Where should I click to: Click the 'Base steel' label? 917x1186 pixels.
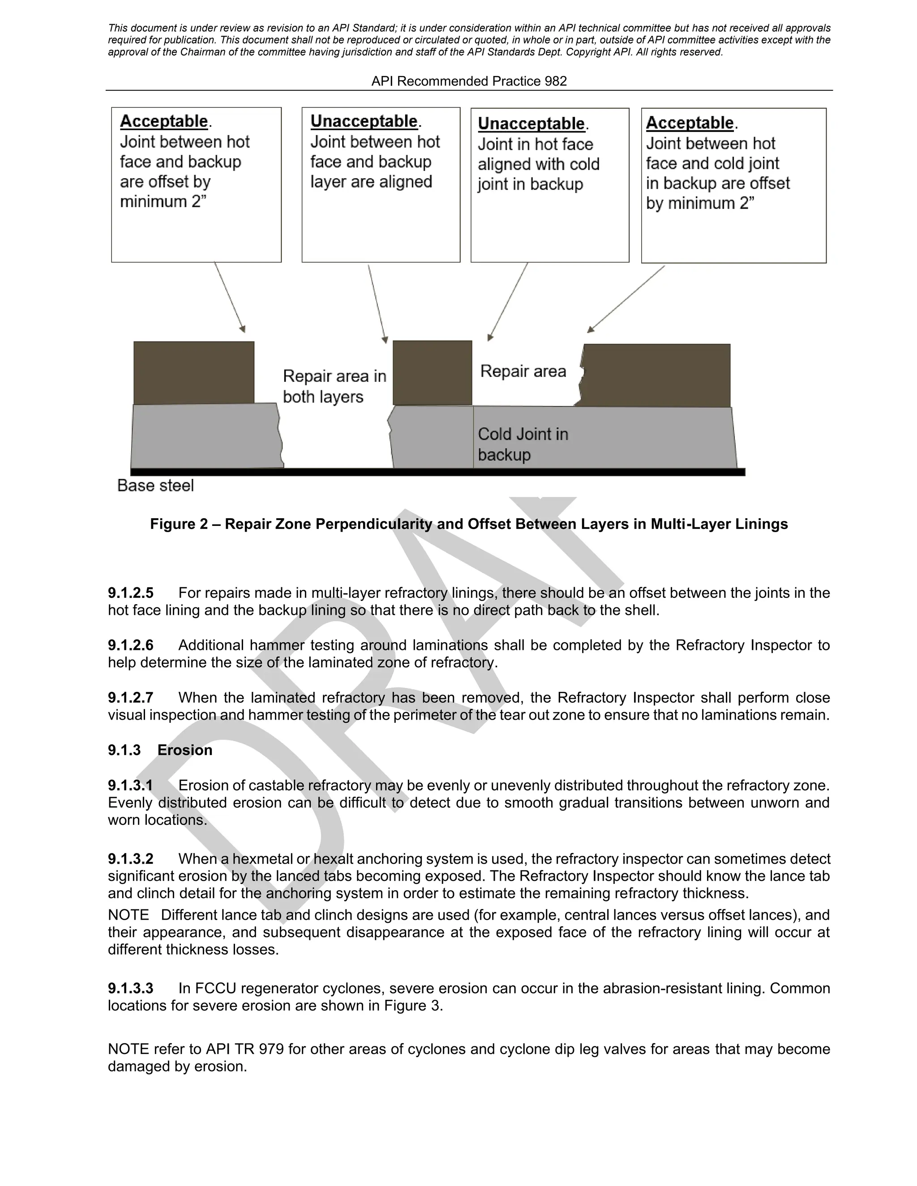click(x=155, y=486)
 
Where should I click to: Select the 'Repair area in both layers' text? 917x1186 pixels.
click(x=334, y=386)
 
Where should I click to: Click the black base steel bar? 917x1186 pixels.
click(x=437, y=472)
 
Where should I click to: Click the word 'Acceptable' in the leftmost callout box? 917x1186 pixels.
click(x=164, y=121)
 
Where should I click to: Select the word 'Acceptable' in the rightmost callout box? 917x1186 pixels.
click(x=690, y=123)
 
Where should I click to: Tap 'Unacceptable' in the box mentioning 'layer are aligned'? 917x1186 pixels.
click(x=364, y=121)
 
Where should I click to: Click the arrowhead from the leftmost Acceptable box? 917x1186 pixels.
click(x=243, y=329)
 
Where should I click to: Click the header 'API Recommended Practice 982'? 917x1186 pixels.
click(x=469, y=81)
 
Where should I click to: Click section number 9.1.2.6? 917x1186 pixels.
click(x=130, y=645)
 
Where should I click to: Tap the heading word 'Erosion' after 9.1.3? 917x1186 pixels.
click(x=185, y=750)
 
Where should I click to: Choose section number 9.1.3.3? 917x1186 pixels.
click(x=130, y=988)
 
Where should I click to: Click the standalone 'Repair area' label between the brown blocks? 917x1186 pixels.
click(x=523, y=371)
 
